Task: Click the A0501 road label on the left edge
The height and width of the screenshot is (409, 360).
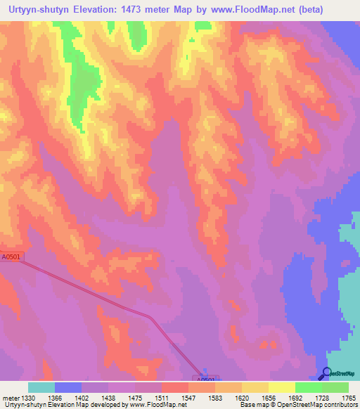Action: click(11, 258)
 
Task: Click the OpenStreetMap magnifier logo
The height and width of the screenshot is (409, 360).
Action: click(327, 372)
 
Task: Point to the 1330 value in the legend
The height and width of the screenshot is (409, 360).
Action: click(28, 398)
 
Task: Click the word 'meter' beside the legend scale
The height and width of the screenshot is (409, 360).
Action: click(11, 398)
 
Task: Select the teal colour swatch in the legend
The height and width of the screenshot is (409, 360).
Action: click(41, 387)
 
